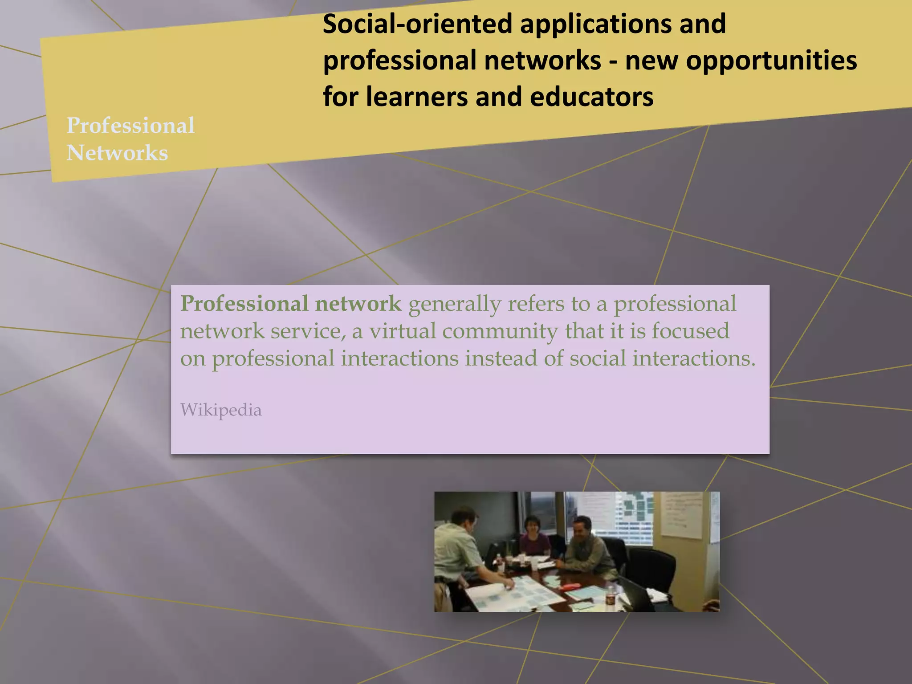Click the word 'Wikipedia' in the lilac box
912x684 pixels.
click(221, 410)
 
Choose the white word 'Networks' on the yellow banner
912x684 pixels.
click(117, 153)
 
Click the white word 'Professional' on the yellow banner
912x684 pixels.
click(130, 125)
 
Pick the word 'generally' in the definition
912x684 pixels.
click(455, 304)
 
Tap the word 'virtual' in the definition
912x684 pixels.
click(403, 331)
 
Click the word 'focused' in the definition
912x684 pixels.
click(690, 331)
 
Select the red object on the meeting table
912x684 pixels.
click(571, 586)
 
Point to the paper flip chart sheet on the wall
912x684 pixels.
click(681, 514)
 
